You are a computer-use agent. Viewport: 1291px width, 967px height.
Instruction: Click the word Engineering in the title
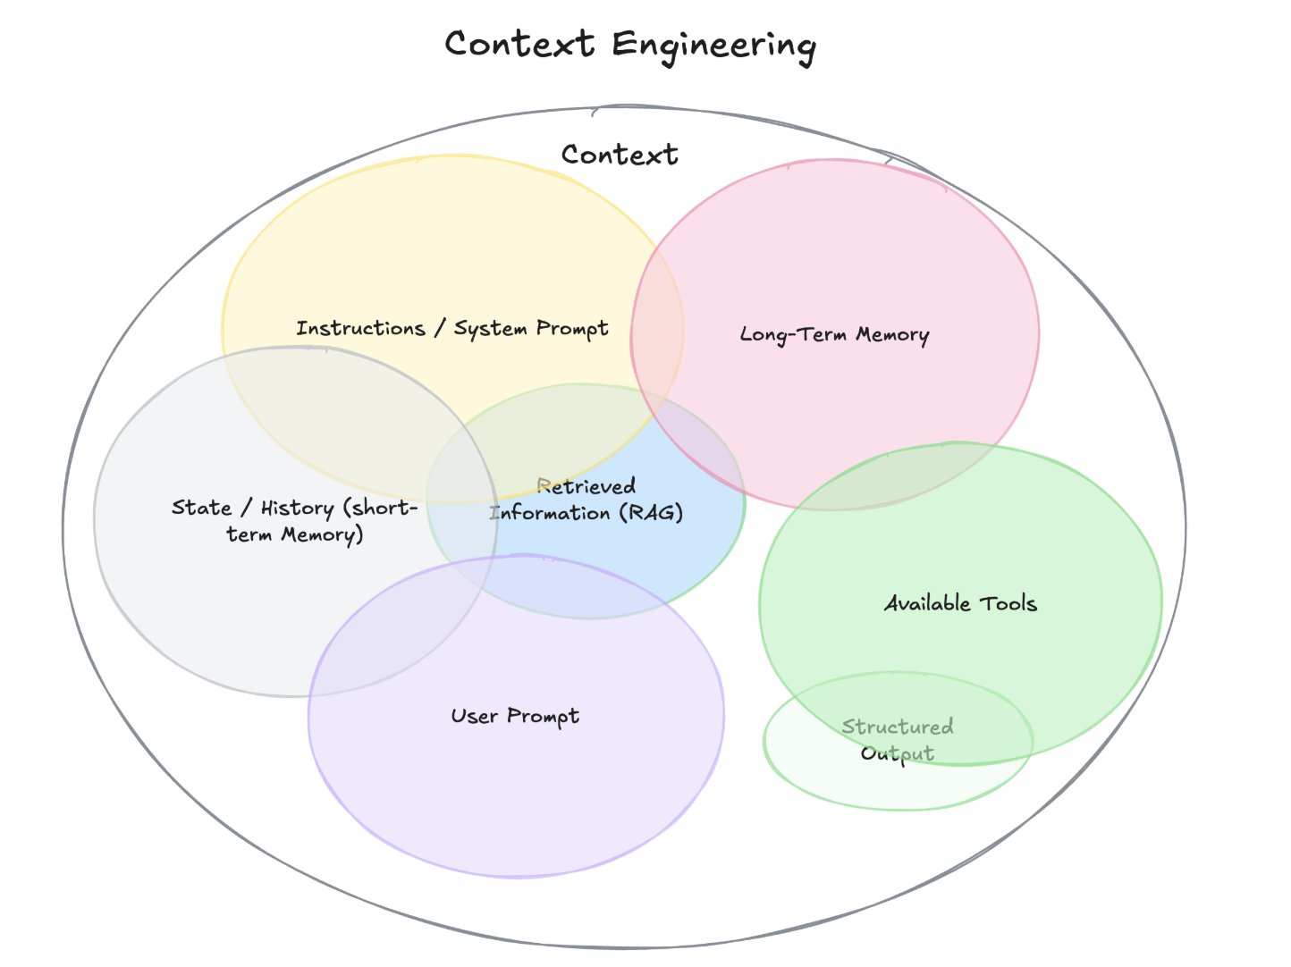(x=713, y=46)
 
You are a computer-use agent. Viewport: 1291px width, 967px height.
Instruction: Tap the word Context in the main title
(x=519, y=44)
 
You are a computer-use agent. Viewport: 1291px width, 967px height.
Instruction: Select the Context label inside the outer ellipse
(x=620, y=155)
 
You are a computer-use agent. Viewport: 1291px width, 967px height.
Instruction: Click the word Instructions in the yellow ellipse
(x=360, y=328)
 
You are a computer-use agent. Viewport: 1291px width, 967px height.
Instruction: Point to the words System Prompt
(x=531, y=329)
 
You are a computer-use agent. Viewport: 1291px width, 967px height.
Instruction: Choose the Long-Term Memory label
(x=834, y=335)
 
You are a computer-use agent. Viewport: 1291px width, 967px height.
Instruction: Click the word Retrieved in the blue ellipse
(x=586, y=486)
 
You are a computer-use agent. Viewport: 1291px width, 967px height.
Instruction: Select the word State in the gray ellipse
(x=201, y=508)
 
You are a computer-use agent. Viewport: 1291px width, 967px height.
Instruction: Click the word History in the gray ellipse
(x=297, y=509)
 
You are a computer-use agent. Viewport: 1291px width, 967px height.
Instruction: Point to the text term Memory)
(x=295, y=535)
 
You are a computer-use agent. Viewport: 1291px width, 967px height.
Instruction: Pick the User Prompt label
(x=515, y=716)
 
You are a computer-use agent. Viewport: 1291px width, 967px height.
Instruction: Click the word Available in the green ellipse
(x=927, y=604)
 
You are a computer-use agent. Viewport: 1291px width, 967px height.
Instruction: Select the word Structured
(x=898, y=727)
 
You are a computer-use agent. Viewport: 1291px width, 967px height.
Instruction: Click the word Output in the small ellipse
(x=898, y=753)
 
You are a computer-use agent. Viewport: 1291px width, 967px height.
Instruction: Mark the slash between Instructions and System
(x=439, y=328)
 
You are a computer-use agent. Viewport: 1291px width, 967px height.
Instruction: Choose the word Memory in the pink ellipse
(x=892, y=335)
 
